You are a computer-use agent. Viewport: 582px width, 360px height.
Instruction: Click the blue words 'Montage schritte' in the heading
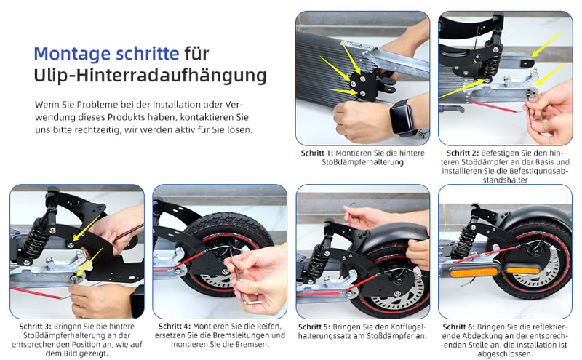click(x=106, y=54)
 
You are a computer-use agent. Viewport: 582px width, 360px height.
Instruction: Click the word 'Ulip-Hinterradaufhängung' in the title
click(x=150, y=76)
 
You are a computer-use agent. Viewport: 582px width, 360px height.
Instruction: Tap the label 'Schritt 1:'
click(x=317, y=153)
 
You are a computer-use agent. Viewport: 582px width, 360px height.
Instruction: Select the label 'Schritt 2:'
click(x=463, y=153)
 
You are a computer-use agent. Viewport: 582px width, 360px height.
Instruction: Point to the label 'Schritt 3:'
click(x=31, y=327)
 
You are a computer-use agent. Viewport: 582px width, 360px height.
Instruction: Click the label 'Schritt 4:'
click(x=175, y=327)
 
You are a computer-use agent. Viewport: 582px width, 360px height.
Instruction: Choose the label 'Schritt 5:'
click(x=317, y=327)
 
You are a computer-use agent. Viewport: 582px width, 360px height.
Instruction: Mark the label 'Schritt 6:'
click(x=461, y=327)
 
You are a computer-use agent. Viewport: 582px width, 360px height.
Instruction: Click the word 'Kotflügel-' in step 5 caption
click(x=409, y=327)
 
